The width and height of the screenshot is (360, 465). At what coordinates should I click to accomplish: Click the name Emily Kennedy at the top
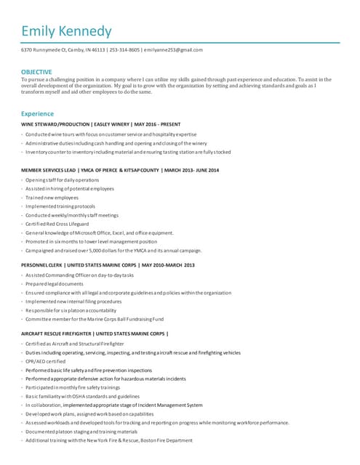66,31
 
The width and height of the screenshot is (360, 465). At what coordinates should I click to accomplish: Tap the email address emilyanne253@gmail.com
173,50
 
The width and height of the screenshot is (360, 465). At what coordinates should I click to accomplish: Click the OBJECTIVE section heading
36,72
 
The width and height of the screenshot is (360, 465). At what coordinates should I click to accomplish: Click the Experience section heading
37,114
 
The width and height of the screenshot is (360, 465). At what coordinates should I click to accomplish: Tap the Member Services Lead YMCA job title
120,169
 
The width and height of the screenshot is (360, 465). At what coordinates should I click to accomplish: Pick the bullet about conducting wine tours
111,134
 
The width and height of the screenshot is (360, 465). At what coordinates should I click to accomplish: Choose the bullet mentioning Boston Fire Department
109,440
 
